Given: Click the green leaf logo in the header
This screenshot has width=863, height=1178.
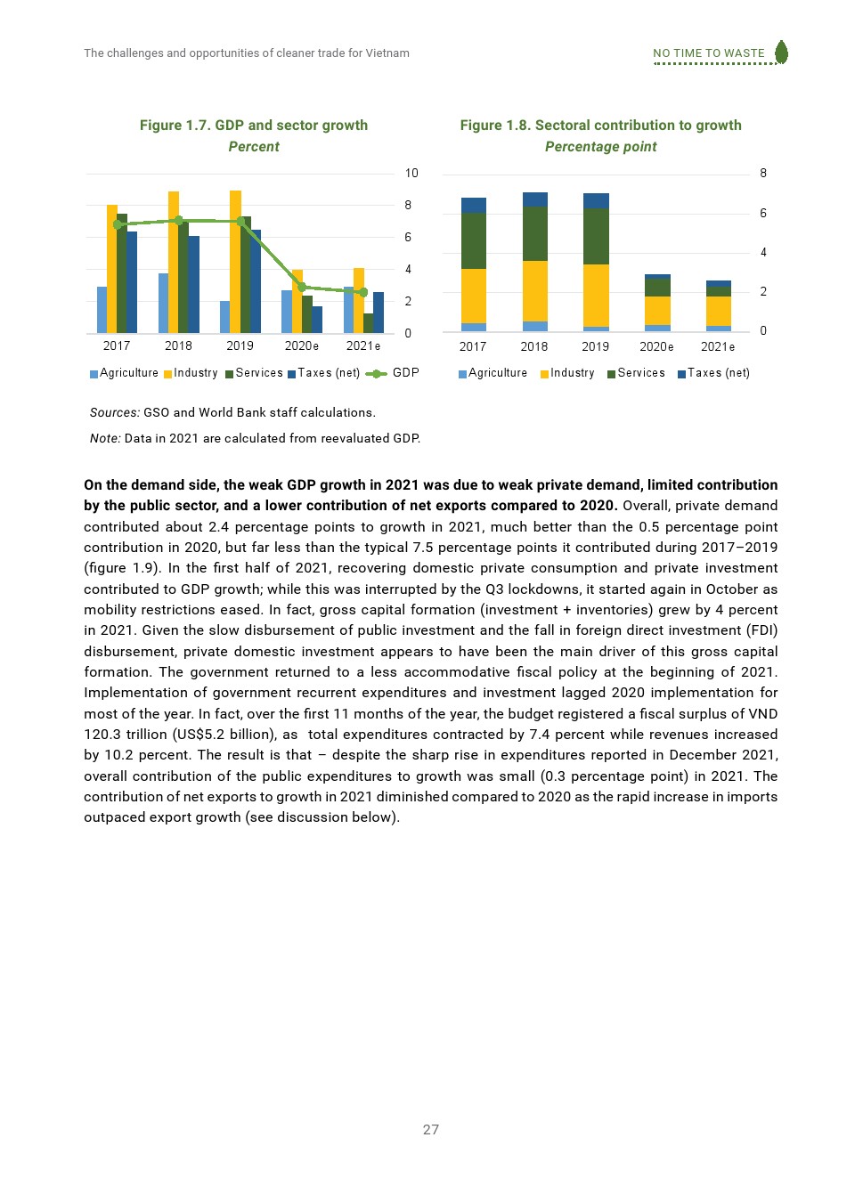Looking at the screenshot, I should [781, 52].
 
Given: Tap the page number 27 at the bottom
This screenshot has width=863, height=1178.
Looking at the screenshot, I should [431, 1129].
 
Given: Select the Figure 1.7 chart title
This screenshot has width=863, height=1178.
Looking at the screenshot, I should [254, 126].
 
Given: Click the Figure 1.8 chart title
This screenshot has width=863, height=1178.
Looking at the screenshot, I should [600, 126].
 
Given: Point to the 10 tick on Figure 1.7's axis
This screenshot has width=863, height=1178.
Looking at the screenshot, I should [411, 174].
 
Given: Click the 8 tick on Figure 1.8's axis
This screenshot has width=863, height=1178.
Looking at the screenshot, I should [763, 174].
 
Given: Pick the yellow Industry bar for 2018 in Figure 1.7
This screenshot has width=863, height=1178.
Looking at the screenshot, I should [174, 262].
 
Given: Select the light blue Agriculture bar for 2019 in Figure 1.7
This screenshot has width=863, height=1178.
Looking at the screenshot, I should [225, 317].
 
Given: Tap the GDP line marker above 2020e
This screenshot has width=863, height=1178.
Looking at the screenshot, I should [302, 287].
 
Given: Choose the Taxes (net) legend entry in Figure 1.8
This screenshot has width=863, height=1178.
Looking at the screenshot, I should [713, 373].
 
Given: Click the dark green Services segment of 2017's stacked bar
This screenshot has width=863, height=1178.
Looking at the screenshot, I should [474, 240].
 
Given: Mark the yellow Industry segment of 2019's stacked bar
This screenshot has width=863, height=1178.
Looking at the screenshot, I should [596, 296].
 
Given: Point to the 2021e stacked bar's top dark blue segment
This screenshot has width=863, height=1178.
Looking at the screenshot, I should [718, 284].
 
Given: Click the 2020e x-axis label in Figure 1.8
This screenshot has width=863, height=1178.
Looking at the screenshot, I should [656, 347].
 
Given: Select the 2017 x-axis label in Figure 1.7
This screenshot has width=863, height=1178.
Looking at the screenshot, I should [117, 346].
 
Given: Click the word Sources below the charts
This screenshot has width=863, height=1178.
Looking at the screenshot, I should [114, 412].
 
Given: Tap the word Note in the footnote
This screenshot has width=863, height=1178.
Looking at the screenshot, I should [104, 438].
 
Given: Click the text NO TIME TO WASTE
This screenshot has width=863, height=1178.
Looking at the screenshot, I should [708, 53].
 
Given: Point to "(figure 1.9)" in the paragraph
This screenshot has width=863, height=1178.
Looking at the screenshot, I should [123, 568].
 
